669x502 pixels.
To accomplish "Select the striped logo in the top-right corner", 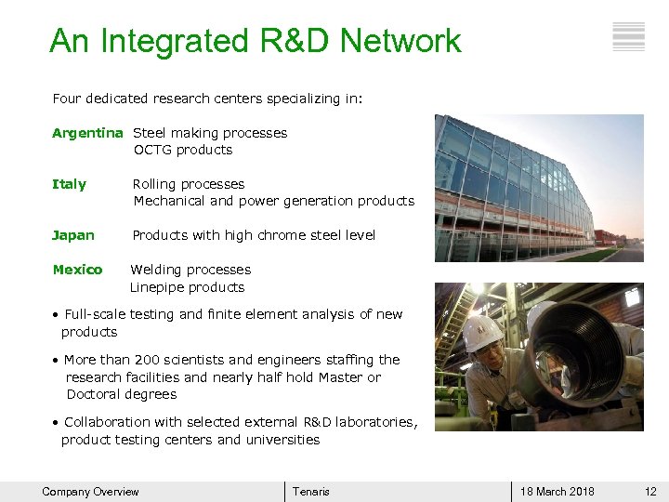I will pos(629,36).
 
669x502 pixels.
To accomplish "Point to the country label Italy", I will pos(69,184).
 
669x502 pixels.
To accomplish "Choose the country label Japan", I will pos(73,235).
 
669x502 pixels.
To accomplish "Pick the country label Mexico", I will pos(77,270).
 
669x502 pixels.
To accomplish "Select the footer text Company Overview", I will pos(90,492).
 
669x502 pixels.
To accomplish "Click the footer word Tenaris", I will pos(311,492).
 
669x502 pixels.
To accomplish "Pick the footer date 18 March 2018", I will pos(557,492).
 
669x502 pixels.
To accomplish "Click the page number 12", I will pos(650,492).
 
